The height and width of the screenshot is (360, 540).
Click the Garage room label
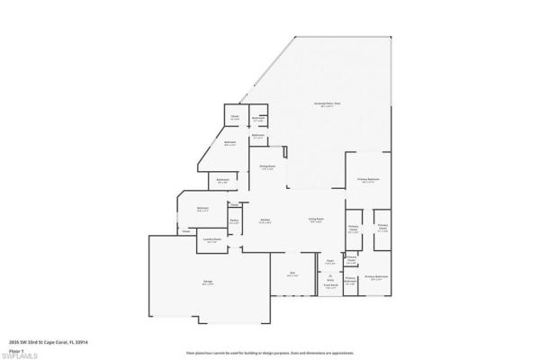click(x=208, y=283)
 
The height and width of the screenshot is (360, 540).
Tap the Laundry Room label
click(x=213, y=239)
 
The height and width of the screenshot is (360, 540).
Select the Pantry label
click(x=234, y=220)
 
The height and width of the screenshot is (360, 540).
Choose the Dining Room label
click(x=267, y=166)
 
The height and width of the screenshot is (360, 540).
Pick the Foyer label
click(x=330, y=262)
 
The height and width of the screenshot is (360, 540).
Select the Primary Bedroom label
click(x=367, y=180)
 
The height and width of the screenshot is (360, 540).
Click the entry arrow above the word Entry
click(x=330, y=273)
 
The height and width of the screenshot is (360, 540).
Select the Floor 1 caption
click(x=14, y=348)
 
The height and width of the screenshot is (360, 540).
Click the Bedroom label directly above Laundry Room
click(x=203, y=209)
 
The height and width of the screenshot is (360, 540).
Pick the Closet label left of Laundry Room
click(x=186, y=232)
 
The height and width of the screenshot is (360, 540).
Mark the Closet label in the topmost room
click(x=234, y=117)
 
